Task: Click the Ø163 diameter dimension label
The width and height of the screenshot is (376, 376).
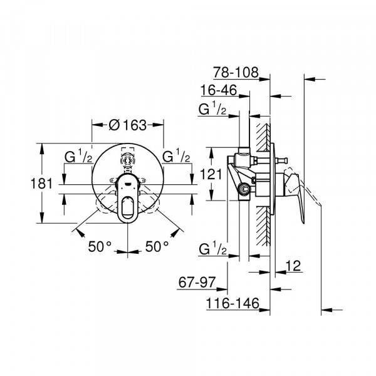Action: click(x=127, y=125)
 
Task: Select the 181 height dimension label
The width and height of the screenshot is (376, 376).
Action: click(x=41, y=184)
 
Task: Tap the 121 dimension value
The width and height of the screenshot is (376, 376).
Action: click(x=211, y=174)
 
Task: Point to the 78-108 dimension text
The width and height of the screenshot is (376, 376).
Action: click(x=236, y=73)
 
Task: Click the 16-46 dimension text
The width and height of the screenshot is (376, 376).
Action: click(x=219, y=90)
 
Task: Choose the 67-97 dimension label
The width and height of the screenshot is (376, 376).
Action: click(x=197, y=282)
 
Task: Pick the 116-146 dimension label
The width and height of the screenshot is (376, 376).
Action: click(x=232, y=303)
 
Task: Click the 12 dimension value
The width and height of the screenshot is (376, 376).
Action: click(x=293, y=266)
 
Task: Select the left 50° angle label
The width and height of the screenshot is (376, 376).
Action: click(x=100, y=246)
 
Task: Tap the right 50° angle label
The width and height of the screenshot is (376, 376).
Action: click(x=157, y=246)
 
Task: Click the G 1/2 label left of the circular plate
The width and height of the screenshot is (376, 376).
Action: click(x=78, y=156)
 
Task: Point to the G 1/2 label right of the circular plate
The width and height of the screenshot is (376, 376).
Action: click(x=176, y=155)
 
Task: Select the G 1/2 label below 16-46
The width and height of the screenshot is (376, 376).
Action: click(x=212, y=108)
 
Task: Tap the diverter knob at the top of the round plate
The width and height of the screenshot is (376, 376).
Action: click(x=127, y=160)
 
